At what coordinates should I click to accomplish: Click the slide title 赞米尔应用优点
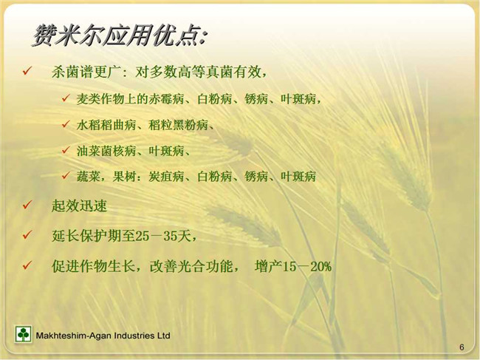click(120, 36)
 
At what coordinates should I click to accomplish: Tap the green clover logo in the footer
click(24, 334)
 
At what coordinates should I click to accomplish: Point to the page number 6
click(462, 347)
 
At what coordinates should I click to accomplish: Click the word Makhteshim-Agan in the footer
click(74, 336)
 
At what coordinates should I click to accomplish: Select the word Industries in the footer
click(134, 336)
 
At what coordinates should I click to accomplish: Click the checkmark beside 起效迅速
click(27, 205)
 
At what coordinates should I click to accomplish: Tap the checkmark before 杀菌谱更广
click(27, 72)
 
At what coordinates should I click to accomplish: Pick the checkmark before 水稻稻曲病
click(66, 124)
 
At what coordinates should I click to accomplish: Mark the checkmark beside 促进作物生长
click(27, 265)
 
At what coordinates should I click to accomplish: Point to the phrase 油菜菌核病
click(106, 151)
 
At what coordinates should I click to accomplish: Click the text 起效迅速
click(79, 206)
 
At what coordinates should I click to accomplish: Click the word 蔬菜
click(89, 177)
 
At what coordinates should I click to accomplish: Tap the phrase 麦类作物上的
click(112, 99)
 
